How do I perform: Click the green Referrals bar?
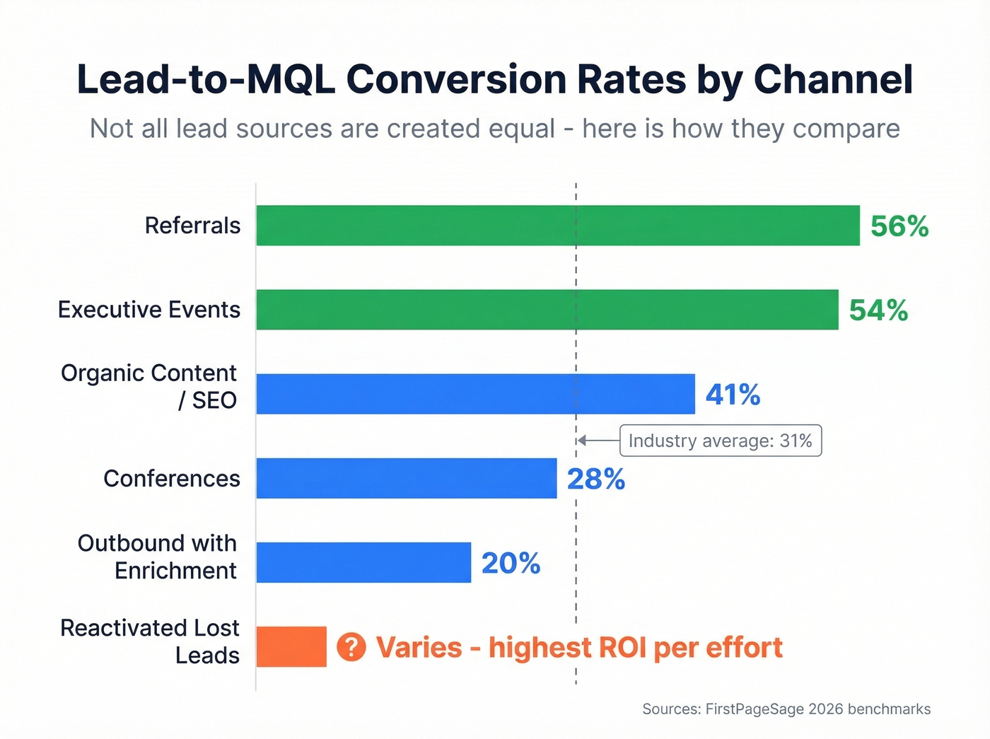tap(557, 226)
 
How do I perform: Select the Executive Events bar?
tap(547, 310)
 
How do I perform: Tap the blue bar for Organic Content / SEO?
tap(475, 394)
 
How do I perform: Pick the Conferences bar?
tap(406, 478)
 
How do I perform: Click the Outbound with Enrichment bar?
tap(363, 563)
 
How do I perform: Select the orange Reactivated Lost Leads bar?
tap(291, 646)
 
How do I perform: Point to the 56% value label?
tap(899, 226)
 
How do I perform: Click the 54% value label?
tap(878, 310)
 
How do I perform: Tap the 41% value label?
tap(733, 395)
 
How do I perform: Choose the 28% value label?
tap(595, 479)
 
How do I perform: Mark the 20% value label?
tap(511, 564)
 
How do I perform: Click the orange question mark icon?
tap(351, 647)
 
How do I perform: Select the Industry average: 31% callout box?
tap(720, 441)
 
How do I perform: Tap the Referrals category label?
tap(192, 226)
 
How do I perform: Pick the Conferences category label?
tap(172, 479)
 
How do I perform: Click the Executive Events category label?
tap(149, 310)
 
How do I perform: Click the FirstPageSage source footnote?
tap(786, 709)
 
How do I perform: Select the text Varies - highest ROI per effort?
tap(578, 648)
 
